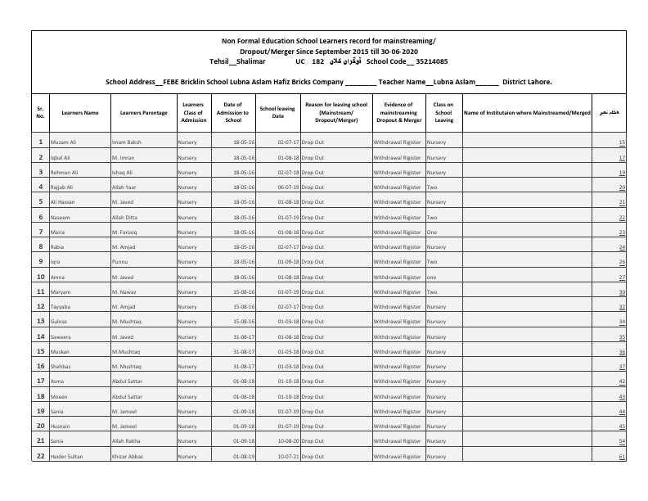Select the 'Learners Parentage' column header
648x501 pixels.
pyautogui.click(x=143, y=112)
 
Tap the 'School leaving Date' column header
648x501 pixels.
pyautogui.click(x=277, y=112)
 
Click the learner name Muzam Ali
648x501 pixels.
pyautogui.click(x=63, y=142)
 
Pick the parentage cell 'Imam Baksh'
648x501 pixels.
pyautogui.click(x=127, y=142)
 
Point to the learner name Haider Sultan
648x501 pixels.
pyautogui.click(x=67, y=457)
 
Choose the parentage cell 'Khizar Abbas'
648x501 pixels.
pyautogui.click(x=128, y=457)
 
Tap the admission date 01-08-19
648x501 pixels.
pyautogui.click(x=244, y=457)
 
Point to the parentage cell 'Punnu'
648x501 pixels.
pyautogui.click(x=121, y=262)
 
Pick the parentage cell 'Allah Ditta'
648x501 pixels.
pyautogui.click(x=126, y=217)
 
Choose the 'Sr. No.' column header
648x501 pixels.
pyautogui.click(x=40, y=112)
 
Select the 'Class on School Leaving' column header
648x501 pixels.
pyautogui.click(x=443, y=112)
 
